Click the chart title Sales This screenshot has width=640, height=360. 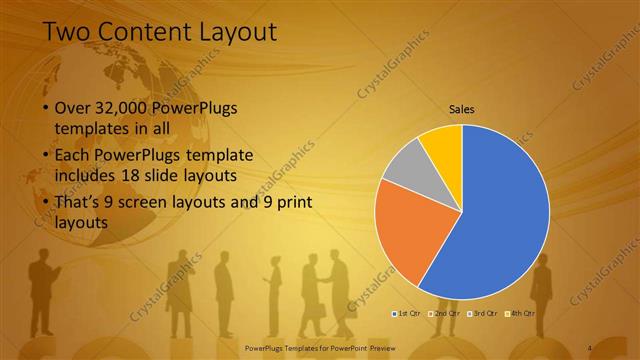tap(461, 109)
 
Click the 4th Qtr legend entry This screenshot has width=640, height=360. tap(520, 313)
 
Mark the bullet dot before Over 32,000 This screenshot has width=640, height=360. tap(45, 108)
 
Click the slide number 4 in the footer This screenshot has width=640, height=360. tap(590, 347)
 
